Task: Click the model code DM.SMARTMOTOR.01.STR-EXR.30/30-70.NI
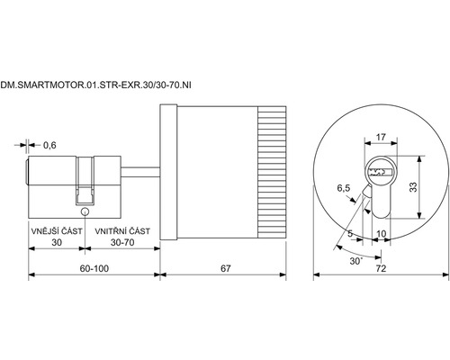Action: pyautogui.click(x=95, y=85)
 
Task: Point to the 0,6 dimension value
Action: pyautogui.click(x=49, y=145)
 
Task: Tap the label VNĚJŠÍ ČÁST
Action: pyautogui.click(x=57, y=231)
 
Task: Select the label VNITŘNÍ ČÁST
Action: pyautogui.click(x=122, y=231)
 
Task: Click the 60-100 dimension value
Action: pyautogui.click(x=94, y=268)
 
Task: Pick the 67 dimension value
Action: pyautogui.click(x=226, y=268)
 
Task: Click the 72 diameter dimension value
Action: pyautogui.click(x=381, y=268)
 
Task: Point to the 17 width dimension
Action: pyautogui.click(x=381, y=137)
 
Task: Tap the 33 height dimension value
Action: pyautogui.click(x=413, y=187)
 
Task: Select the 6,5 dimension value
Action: pyautogui.click(x=344, y=188)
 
